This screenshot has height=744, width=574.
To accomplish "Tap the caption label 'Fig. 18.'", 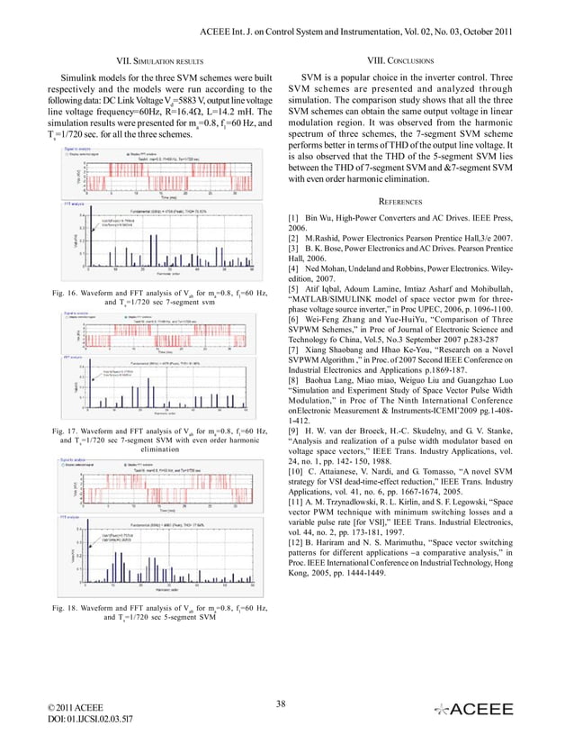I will pos(67,610).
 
